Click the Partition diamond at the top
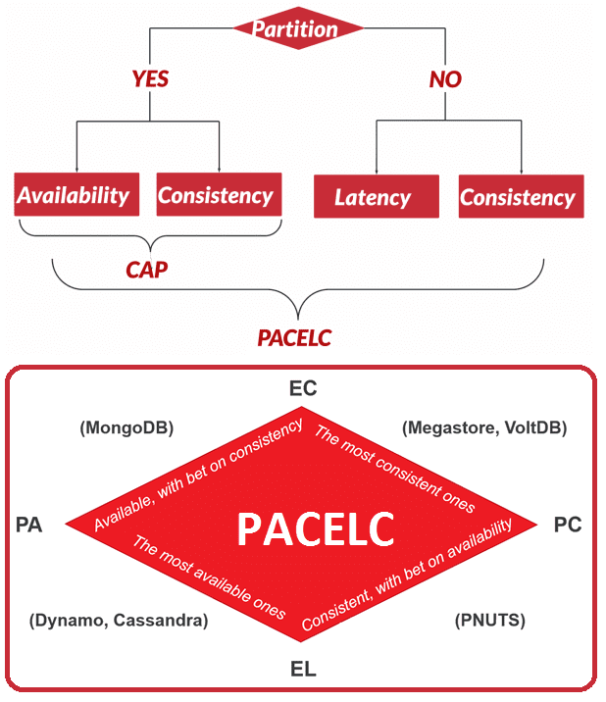tap(298, 28)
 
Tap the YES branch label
tap(150, 79)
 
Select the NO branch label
tap(445, 79)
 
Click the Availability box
tap(76, 194)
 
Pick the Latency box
tap(377, 196)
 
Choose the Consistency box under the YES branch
tap(219, 194)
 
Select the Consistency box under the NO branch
tap(522, 196)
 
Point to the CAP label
tap(146, 270)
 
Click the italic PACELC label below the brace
tap(294, 338)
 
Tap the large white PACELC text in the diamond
tap(316, 529)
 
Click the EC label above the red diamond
tap(303, 388)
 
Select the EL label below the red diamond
tap(303, 669)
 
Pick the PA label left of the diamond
tap(28, 525)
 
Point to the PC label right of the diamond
tap(568, 525)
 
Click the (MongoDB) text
tap(126, 428)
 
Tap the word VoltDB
tap(532, 427)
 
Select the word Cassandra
tap(157, 620)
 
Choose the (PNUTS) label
tap(490, 621)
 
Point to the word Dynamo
tap(70, 621)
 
